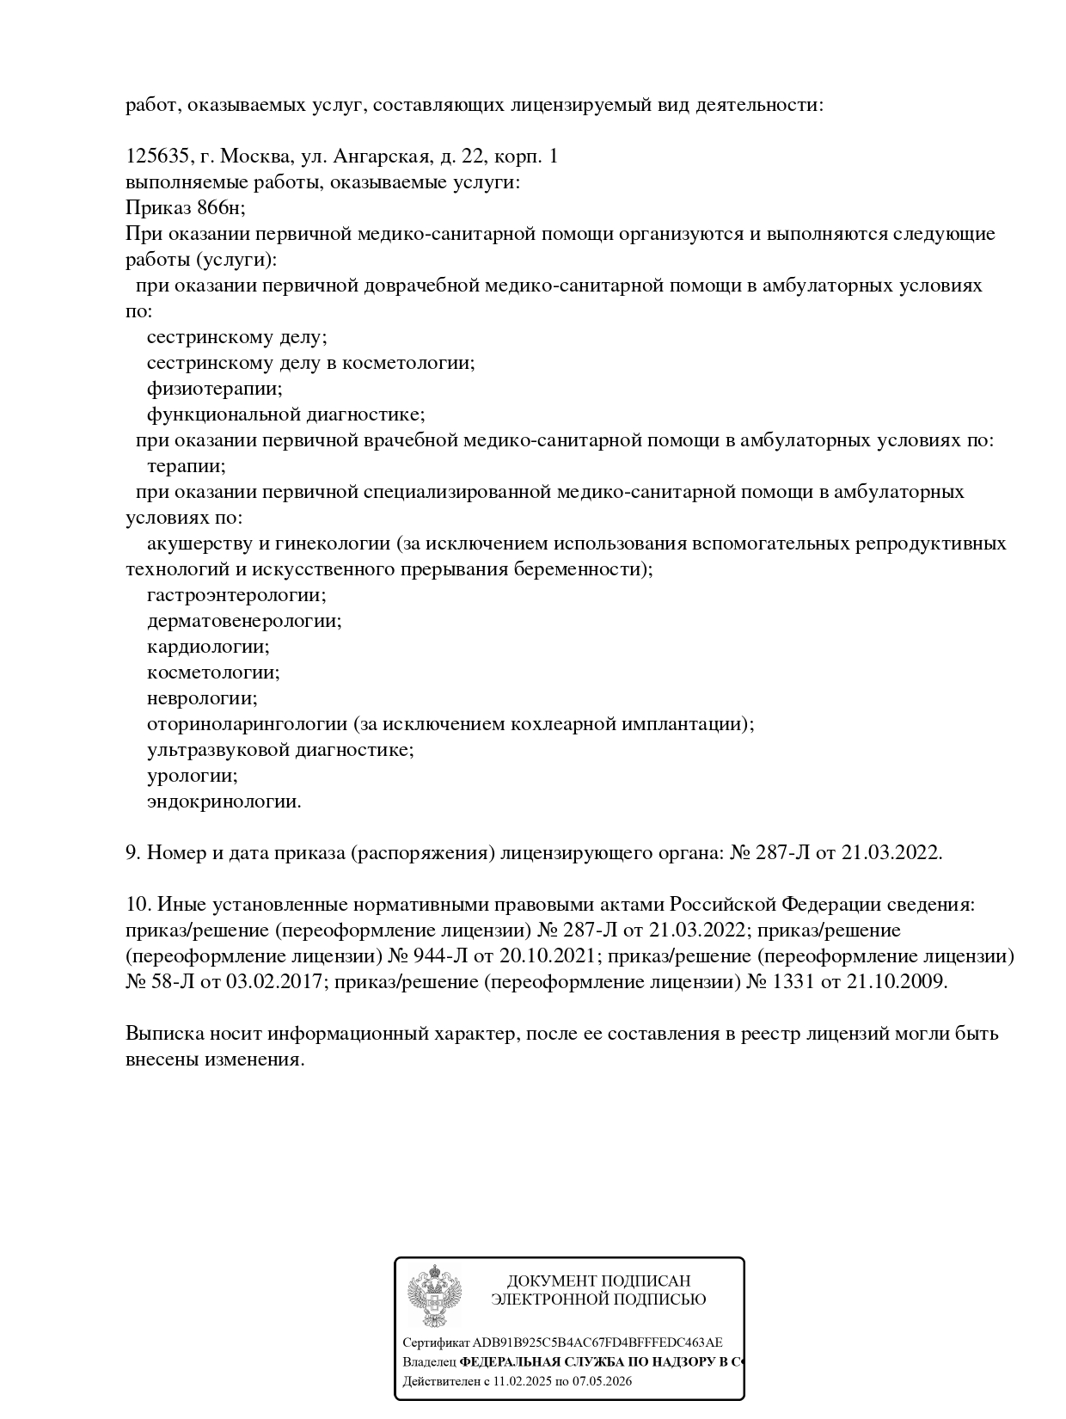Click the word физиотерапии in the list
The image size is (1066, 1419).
coord(214,389)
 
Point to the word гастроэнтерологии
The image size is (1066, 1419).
coord(236,595)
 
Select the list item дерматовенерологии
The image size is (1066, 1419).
coord(243,621)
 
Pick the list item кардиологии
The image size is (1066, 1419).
coord(207,647)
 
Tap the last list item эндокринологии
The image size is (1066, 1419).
coord(224,802)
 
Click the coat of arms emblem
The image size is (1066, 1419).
coord(435,1298)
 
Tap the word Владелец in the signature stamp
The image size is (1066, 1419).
coord(429,1362)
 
